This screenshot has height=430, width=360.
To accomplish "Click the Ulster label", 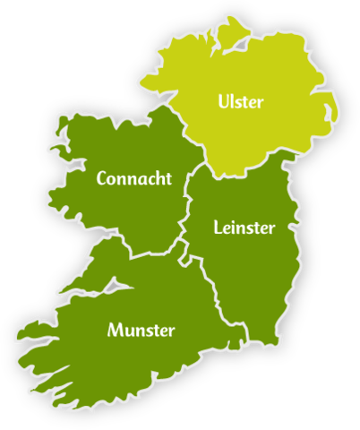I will pyautogui.click(x=241, y=102).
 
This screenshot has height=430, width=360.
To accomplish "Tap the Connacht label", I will pyautogui.click(x=134, y=178).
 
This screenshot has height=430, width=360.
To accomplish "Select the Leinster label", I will pyautogui.click(x=244, y=227).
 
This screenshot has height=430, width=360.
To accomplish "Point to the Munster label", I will pyautogui.click(x=141, y=330).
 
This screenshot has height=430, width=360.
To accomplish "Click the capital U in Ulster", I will pyautogui.click(x=223, y=102).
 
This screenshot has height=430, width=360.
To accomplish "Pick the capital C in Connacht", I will pyautogui.click(x=102, y=178).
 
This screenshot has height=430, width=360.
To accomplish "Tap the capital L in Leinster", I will pyautogui.click(x=219, y=227).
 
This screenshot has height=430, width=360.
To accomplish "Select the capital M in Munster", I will pyautogui.click(x=115, y=330).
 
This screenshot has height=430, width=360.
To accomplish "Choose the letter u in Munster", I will pyautogui.click(x=127, y=331).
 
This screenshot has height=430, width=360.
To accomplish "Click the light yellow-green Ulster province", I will pyautogui.click(x=269, y=134).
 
